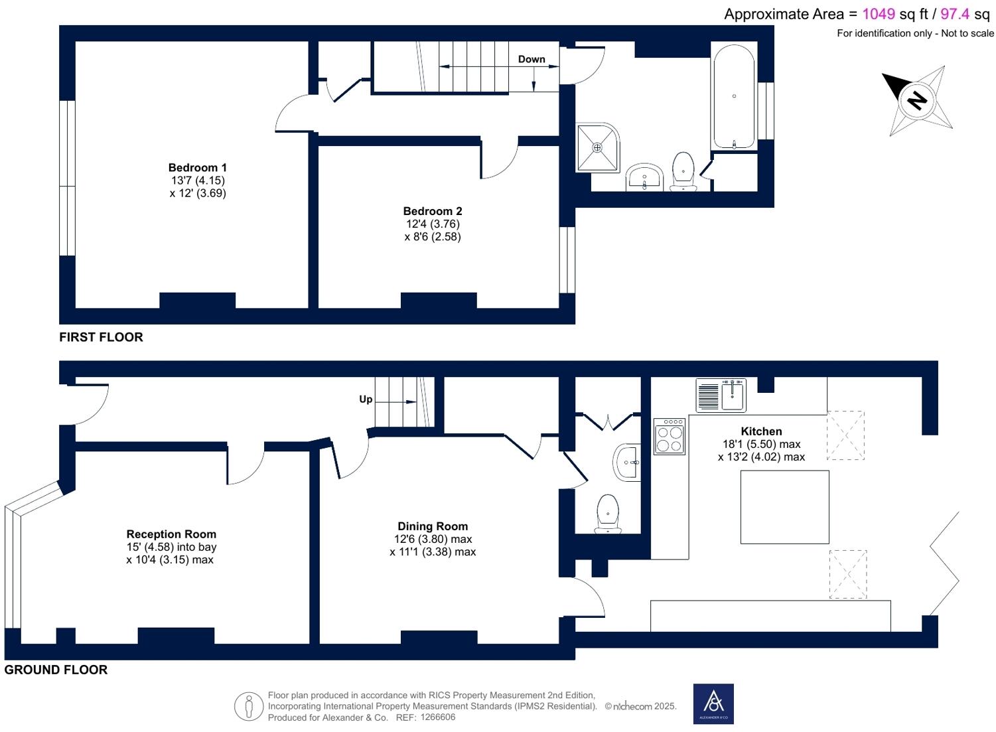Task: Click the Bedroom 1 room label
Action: (198, 168)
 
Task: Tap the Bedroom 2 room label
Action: (433, 211)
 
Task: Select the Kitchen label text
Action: (761, 431)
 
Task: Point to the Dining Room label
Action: (433, 526)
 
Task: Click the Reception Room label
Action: (171, 534)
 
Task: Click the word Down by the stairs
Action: (532, 59)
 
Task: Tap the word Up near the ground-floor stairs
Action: (366, 399)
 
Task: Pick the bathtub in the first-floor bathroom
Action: (734, 96)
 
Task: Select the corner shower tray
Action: (598, 147)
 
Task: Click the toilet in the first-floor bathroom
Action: (683, 171)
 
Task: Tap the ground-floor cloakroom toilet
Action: (607, 514)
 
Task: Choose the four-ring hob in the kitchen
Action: (669, 436)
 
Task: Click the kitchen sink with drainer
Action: (721, 395)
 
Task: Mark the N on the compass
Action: (916, 100)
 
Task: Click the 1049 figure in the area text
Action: (879, 14)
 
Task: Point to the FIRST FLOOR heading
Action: (101, 337)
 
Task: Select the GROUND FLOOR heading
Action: (56, 670)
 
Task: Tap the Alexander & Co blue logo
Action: (713, 704)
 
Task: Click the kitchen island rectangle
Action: (784, 507)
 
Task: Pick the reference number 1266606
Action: (437, 717)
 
